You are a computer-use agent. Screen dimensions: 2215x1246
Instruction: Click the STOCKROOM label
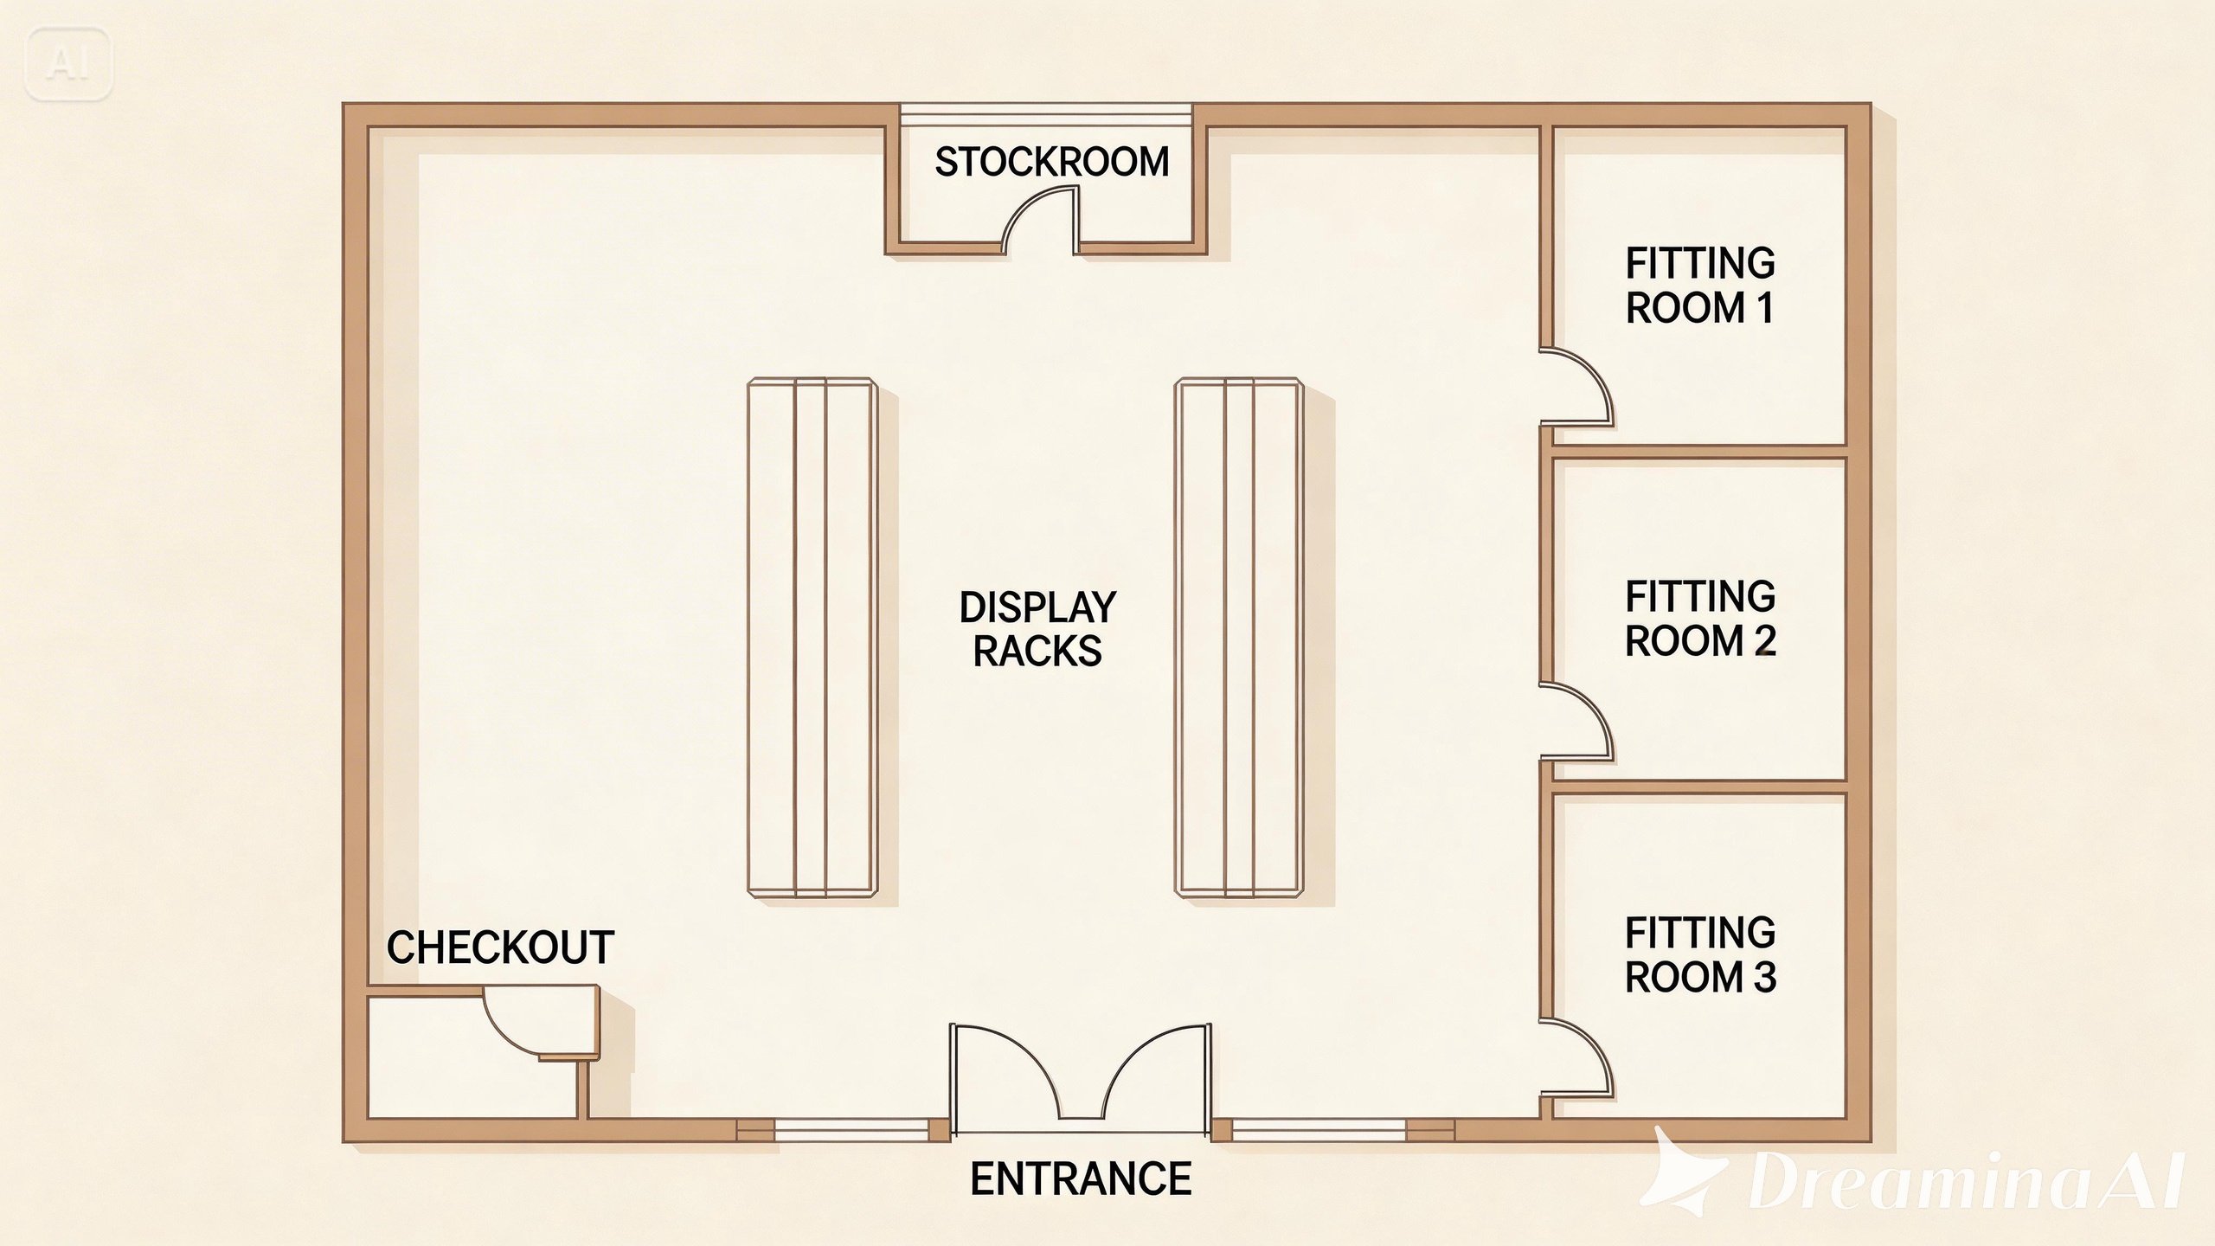pos(1052,162)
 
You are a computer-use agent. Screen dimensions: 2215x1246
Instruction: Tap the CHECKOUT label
pos(500,947)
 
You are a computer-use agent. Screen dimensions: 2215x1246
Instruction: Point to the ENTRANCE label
pos(1081,1179)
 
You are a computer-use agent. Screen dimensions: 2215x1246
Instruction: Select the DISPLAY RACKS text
pos(1037,630)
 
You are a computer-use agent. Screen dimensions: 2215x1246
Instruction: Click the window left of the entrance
pos(851,1129)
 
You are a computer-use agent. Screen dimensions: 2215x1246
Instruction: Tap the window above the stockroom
pos(1045,116)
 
